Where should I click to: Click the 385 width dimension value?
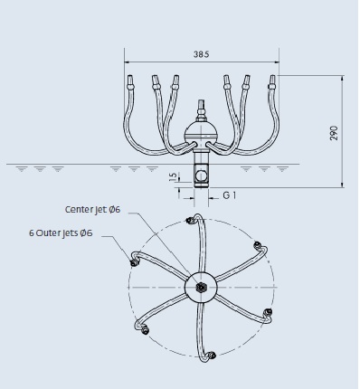201,54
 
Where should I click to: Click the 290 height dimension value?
334,133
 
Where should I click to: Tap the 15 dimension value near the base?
174,177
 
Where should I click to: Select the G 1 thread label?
230,195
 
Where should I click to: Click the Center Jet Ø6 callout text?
92,209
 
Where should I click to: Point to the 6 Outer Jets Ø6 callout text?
61,233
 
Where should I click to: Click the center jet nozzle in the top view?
200,287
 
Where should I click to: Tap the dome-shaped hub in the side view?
201,133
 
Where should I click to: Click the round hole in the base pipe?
201,176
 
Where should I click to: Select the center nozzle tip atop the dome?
201,107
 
